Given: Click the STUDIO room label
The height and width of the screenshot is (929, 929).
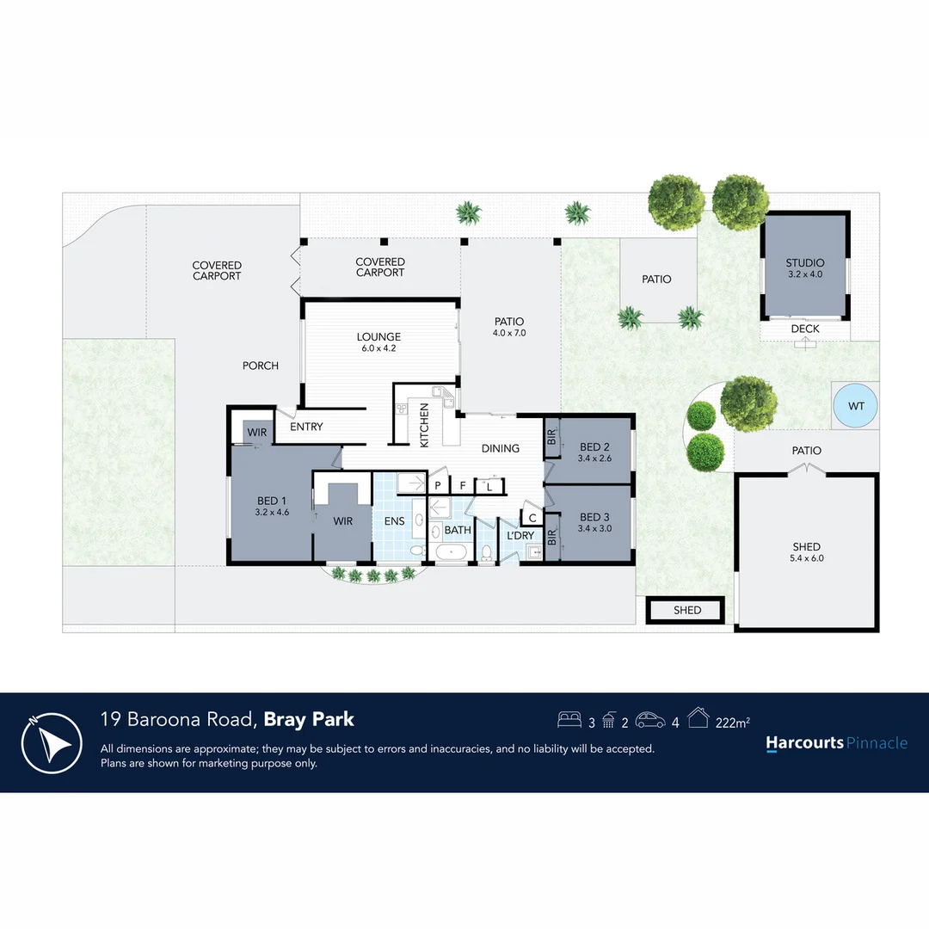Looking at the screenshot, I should point(804,263).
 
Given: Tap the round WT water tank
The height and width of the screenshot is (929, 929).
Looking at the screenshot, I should point(856,405).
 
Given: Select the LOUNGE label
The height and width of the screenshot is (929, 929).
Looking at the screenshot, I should point(378,337).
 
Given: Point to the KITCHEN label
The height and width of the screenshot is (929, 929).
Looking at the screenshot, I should point(424,425).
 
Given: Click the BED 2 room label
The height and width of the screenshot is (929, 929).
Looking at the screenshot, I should point(594,446).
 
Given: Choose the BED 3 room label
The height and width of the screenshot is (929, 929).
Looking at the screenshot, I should point(594,517).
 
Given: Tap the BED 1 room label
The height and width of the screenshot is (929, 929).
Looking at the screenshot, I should point(272,501).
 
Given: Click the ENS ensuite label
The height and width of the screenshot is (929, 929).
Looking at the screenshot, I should point(392,520).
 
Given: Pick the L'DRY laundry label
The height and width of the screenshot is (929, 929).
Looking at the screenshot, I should point(520,535).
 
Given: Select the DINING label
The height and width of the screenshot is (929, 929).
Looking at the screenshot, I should point(500,448).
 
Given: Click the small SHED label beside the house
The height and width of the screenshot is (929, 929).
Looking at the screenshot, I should point(687,610).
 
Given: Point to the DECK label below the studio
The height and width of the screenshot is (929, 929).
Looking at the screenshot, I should point(804,329).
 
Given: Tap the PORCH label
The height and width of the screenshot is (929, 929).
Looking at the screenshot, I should point(260,366).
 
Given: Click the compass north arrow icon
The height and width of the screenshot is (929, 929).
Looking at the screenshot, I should point(52,743).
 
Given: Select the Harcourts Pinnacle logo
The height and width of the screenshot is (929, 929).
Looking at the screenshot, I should point(836,743).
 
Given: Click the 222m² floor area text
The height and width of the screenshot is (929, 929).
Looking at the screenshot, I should point(732,723).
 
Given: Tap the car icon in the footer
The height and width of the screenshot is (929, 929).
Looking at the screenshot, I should point(650,720).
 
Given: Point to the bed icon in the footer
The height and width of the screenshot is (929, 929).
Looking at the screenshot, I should point(569,719).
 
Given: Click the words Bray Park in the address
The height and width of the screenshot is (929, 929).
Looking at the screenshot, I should point(309,720).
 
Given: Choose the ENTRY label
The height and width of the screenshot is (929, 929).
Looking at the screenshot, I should point(306,427).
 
